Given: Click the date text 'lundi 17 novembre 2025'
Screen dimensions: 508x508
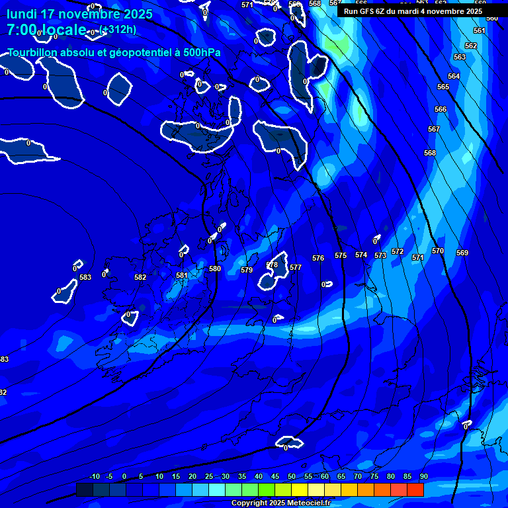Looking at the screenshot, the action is tap(79, 14).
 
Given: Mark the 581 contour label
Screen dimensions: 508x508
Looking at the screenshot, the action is tap(182, 275).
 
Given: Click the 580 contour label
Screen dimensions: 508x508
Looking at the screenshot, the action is tap(215, 269).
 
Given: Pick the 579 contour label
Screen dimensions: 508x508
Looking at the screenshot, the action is tap(247, 270).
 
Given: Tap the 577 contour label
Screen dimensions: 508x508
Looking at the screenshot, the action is tap(296, 268).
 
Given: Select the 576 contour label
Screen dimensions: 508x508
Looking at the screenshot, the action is tap(318, 258).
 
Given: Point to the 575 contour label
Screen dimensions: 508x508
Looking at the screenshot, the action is tap(341, 255).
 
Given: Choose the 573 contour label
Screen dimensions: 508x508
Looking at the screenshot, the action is tap(380, 255).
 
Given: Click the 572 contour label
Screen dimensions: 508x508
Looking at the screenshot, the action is tap(398, 251).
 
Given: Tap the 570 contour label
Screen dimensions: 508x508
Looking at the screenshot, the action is tap(438, 251).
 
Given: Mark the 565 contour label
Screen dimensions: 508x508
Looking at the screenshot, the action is tap(443, 87).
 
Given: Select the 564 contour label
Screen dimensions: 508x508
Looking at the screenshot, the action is tap(454, 76).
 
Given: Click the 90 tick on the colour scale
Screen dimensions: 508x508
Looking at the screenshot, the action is tap(423, 477).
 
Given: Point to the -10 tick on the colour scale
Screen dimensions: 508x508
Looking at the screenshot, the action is tap(95, 477).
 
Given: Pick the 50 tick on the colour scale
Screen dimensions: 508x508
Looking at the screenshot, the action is tap(292, 477).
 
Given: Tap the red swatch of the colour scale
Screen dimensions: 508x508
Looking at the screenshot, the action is tap(415, 489).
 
